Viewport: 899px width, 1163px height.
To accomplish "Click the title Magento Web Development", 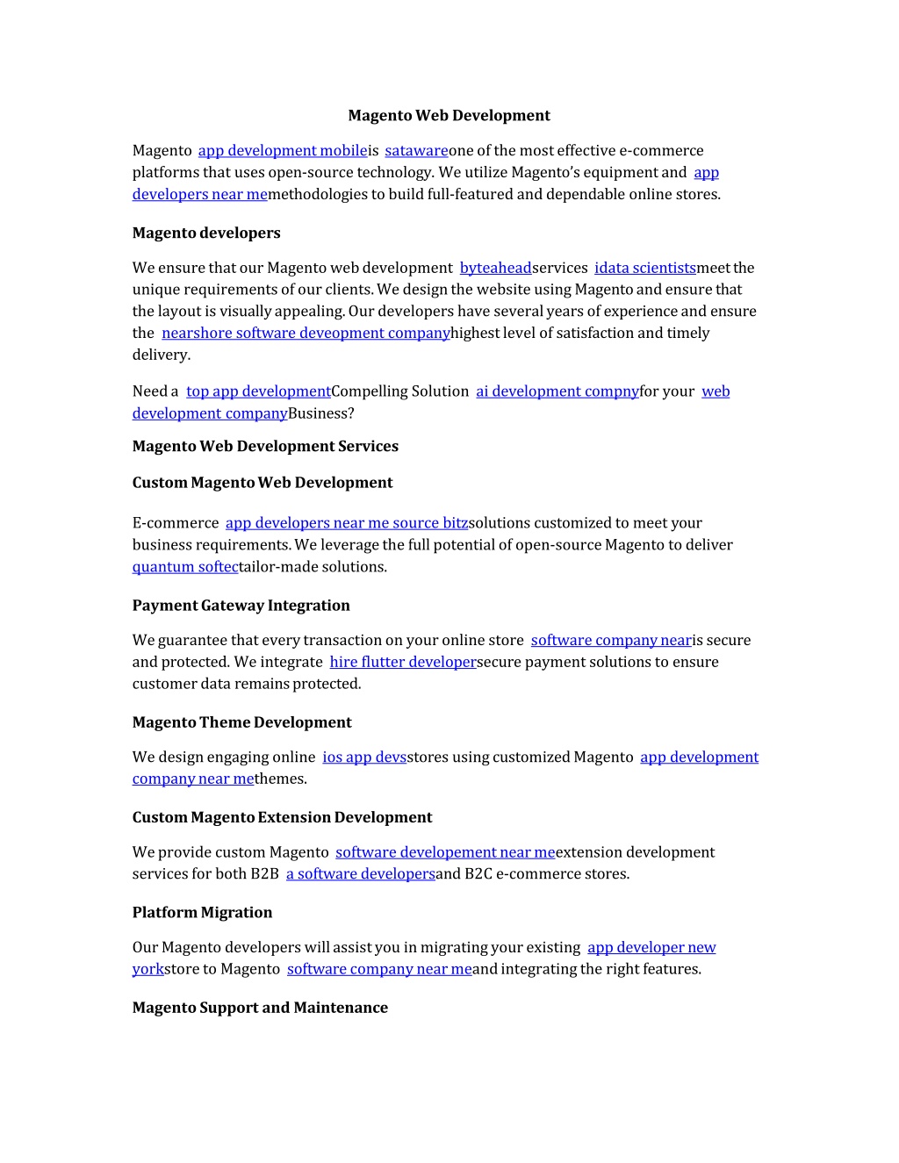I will pyautogui.click(x=449, y=115).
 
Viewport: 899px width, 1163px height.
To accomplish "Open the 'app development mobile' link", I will pyautogui.click(x=283, y=151).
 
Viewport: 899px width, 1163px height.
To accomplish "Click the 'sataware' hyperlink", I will pyautogui.click(x=416, y=151).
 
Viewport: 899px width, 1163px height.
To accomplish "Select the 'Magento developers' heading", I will pyautogui.click(x=206, y=233).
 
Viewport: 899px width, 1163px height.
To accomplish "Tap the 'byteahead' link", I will pyautogui.click(x=496, y=268).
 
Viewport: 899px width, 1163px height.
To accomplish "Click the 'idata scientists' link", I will pyautogui.click(x=645, y=268).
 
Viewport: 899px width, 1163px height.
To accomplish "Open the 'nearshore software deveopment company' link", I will pyautogui.click(x=306, y=334).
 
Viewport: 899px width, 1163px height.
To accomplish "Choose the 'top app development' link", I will pyautogui.click(x=258, y=391).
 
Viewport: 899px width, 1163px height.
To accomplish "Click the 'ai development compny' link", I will pyautogui.click(x=557, y=391).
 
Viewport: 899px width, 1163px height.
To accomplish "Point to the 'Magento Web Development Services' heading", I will pyautogui.click(x=265, y=446).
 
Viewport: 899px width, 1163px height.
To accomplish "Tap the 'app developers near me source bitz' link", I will pyautogui.click(x=347, y=523).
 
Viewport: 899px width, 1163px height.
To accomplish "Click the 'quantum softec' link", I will pyautogui.click(x=185, y=567).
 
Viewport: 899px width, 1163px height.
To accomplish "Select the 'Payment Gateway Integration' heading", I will pyautogui.click(x=241, y=606).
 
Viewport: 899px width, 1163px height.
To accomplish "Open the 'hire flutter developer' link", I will pyautogui.click(x=403, y=663).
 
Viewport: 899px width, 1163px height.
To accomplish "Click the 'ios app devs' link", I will pyautogui.click(x=364, y=757).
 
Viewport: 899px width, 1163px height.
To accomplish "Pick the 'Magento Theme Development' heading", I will pyautogui.click(x=242, y=722).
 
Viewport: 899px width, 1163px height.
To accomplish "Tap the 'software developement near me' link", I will pyautogui.click(x=445, y=852).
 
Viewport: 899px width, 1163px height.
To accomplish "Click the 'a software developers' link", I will pyautogui.click(x=361, y=874).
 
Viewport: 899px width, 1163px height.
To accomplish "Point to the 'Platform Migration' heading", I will pyautogui.click(x=202, y=913).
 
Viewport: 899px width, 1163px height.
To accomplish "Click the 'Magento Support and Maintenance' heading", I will pyautogui.click(x=260, y=1008).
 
